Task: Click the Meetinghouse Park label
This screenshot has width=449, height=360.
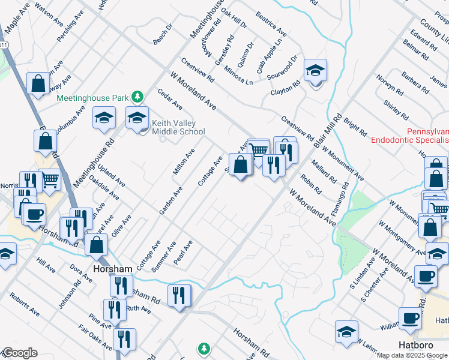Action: tap(93, 97)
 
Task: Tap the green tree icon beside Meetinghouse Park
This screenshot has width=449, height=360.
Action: tap(138, 97)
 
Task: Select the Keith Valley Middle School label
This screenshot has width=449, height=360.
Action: tap(178, 127)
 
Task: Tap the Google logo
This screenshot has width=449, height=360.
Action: tap(19, 353)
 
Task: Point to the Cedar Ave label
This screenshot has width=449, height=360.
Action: tap(169, 99)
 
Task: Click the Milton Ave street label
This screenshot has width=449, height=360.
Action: tap(184, 162)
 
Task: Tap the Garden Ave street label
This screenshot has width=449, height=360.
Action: tap(170, 200)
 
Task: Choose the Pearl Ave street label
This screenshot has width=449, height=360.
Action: tap(182, 254)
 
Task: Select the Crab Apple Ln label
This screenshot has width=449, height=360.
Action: tap(268, 58)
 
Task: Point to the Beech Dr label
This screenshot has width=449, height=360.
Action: tap(162, 35)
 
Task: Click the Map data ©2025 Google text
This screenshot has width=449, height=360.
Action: tap(412, 355)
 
